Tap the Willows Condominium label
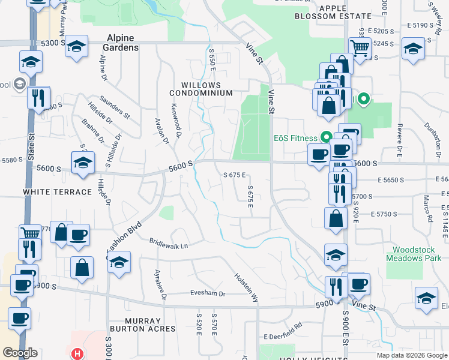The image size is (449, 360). (200, 89)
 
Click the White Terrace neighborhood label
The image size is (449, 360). (58, 192)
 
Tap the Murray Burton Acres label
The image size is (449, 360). (142, 325)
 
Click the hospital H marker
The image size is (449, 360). (77, 354)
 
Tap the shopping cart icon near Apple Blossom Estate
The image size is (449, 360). (359, 47)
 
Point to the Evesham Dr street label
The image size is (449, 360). (207, 294)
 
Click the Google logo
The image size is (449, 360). (20, 353)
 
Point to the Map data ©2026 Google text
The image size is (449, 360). (411, 355)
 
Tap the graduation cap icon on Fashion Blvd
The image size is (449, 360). (119, 263)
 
